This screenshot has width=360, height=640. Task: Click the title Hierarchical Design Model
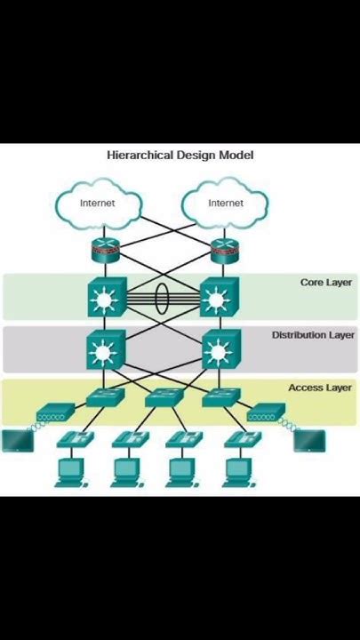point(180,155)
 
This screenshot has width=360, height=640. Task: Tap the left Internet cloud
point(98,204)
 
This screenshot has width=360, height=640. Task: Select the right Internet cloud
point(225,204)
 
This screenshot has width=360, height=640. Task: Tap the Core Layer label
point(325,283)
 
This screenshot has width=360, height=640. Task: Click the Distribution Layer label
point(313,335)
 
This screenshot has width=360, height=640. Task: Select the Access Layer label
point(320,388)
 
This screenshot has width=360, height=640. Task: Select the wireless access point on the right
point(265,412)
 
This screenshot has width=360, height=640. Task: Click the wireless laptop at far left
point(15,440)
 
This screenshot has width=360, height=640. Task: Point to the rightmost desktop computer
point(237,471)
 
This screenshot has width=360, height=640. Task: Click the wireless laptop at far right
point(309,440)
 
